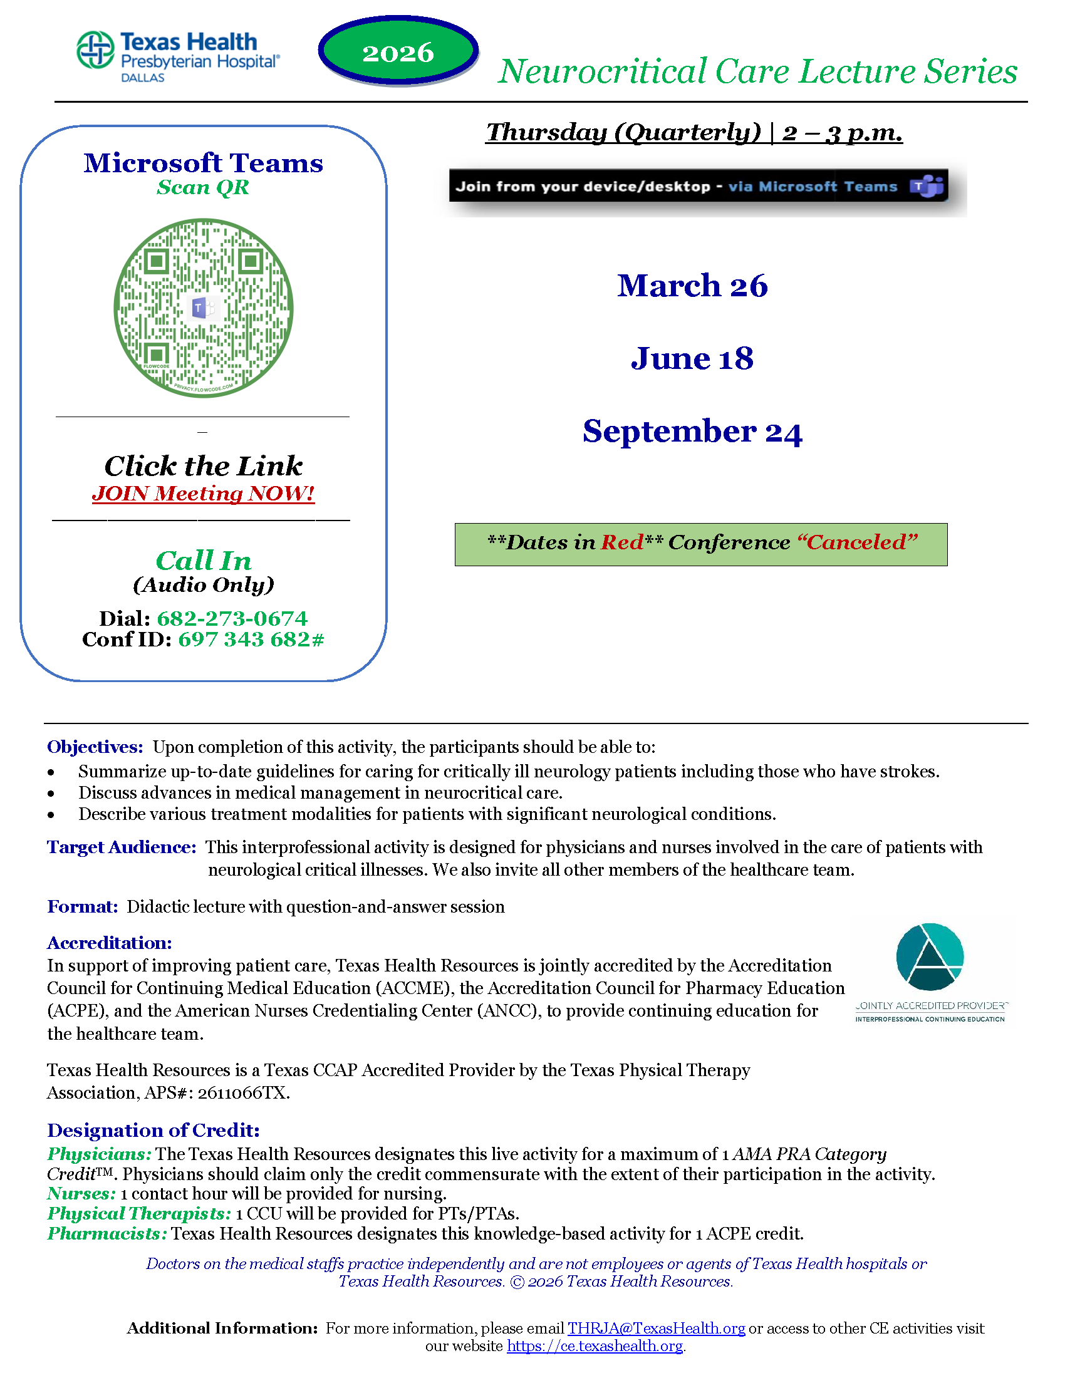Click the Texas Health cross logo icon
click(95, 49)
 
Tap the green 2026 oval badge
click(398, 51)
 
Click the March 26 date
click(692, 286)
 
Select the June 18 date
click(692, 358)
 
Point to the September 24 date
click(692, 432)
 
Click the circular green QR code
click(203, 308)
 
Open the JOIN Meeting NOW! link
click(203, 493)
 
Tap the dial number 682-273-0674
click(232, 618)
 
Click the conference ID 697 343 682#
click(251, 639)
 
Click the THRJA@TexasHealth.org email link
click(656, 1328)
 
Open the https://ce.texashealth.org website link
click(595, 1346)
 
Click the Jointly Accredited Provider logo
click(930, 972)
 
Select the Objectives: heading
click(95, 747)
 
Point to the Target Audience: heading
click(122, 847)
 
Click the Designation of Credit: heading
click(153, 1130)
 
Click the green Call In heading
click(203, 561)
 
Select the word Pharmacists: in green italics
click(107, 1233)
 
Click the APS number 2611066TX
click(243, 1093)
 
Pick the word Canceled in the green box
click(857, 542)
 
